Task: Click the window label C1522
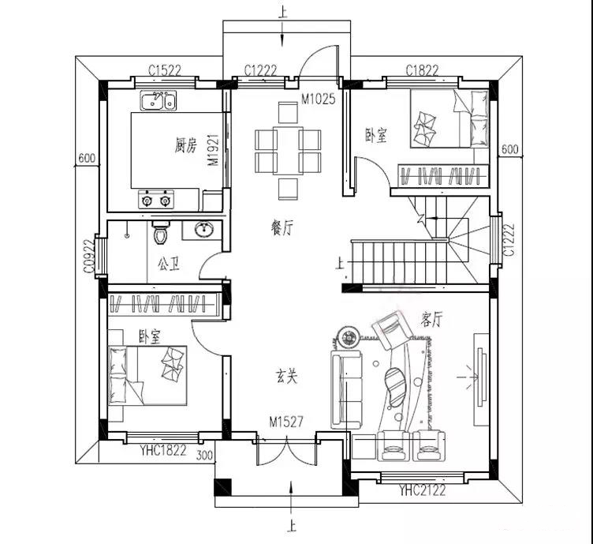(x=165, y=70)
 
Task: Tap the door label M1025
(x=318, y=99)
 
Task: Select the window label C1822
(x=422, y=70)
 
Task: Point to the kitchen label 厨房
(x=185, y=145)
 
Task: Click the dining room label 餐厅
(x=282, y=227)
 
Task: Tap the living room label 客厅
(x=431, y=319)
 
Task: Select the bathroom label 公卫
(x=168, y=264)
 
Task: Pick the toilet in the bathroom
(x=161, y=232)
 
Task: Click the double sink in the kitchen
(x=158, y=100)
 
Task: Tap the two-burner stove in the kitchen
(x=156, y=200)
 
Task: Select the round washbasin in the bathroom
(x=204, y=230)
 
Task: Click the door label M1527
(x=286, y=422)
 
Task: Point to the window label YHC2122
(x=423, y=490)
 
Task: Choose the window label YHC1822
(x=163, y=450)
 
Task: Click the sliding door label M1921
(x=213, y=150)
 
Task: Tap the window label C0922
(x=88, y=257)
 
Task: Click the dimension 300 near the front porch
(x=204, y=455)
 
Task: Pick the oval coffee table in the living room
(x=394, y=387)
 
